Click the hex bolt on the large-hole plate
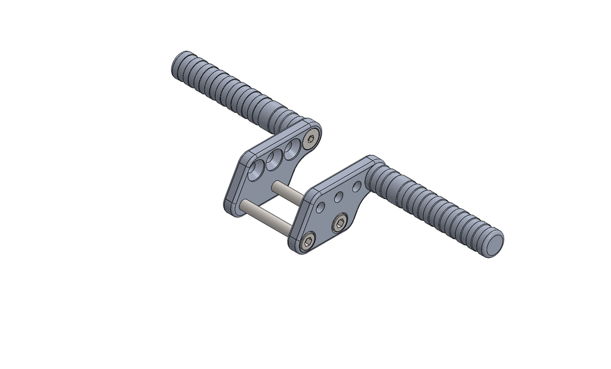click(310, 140)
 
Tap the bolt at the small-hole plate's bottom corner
click(307, 241)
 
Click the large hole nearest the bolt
click(292, 149)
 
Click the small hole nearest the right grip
click(356, 186)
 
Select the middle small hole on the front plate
click(338, 196)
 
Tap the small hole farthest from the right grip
click(321, 207)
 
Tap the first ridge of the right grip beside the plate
click(382, 176)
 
